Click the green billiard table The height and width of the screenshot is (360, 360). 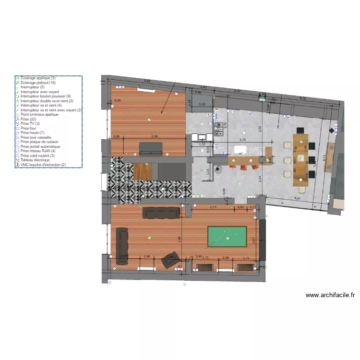(x=226, y=237)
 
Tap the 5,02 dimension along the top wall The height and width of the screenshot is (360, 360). (x=147, y=81)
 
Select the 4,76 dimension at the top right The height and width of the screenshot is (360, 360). (x=303, y=98)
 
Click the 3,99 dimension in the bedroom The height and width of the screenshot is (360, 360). (x=154, y=137)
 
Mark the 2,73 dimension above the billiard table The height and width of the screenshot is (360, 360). (x=214, y=207)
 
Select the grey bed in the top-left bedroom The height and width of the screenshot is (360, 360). (x=150, y=148)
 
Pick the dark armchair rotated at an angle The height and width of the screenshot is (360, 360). (x=169, y=260)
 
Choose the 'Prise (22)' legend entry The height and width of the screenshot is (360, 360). (x=29, y=119)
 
